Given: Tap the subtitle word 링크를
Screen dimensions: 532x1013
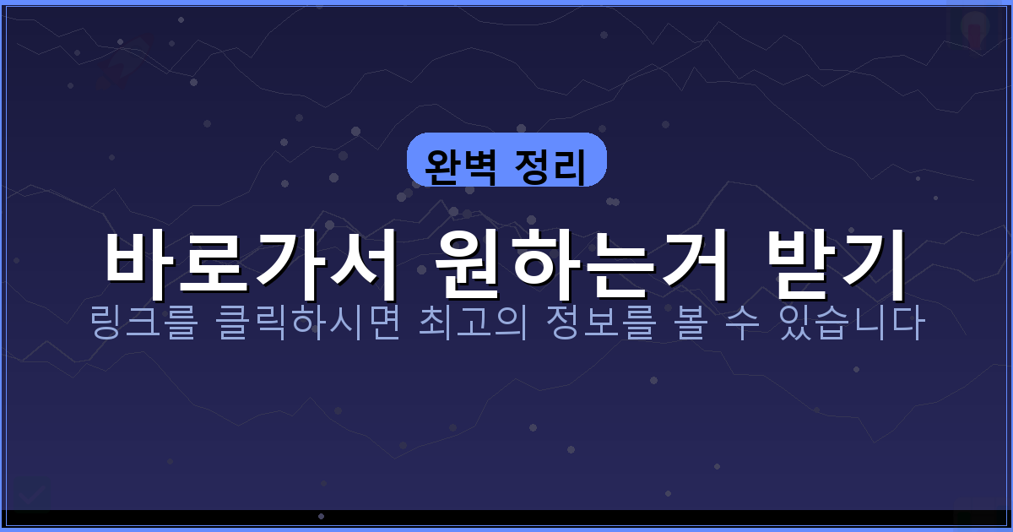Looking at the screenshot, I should click(143, 325).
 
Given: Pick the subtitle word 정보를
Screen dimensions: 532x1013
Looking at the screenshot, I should click(604, 325).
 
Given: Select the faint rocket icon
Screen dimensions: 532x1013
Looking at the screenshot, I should click(122, 63).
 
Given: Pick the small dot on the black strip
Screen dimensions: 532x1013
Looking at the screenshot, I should click(321, 516).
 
